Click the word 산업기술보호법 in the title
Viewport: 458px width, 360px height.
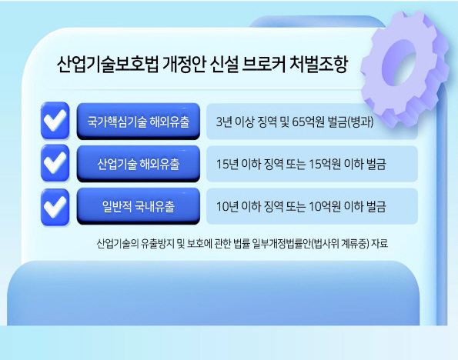click(x=108, y=64)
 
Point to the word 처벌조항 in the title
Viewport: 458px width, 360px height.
click(x=319, y=64)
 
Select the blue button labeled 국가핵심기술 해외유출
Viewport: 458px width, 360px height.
click(x=139, y=122)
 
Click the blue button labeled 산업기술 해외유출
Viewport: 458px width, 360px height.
click(x=139, y=164)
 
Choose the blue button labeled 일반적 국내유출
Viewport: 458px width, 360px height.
click(x=139, y=206)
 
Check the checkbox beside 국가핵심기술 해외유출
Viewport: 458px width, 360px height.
click(x=55, y=121)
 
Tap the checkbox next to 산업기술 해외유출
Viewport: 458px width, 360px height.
click(x=55, y=163)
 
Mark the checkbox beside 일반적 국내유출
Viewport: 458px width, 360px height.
click(x=55, y=207)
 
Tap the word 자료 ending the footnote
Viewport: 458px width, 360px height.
click(x=379, y=243)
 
